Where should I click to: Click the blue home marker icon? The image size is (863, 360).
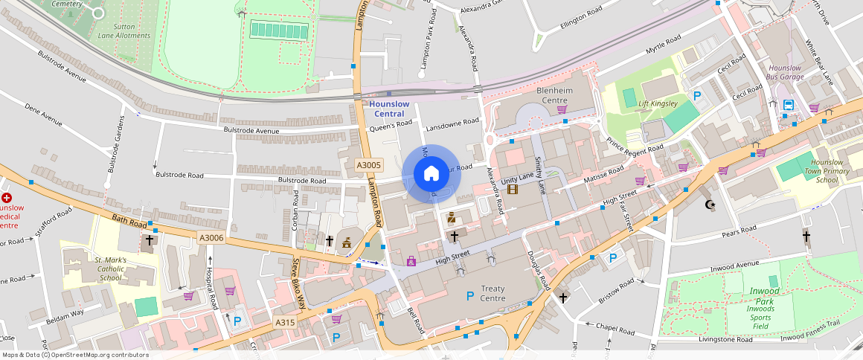click(x=431, y=174)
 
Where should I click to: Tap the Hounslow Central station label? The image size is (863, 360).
click(x=388, y=109)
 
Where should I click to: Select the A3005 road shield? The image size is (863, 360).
click(x=368, y=165)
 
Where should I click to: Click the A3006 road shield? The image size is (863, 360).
click(x=211, y=237)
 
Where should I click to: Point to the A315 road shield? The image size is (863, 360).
click(x=286, y=322)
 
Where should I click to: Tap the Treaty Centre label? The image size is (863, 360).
click(x=493, y=293)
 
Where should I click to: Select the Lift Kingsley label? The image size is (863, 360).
click(x=658, y=103)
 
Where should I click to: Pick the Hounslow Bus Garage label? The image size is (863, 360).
click(x=786, y=72)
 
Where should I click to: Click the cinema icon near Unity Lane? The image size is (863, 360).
click(x=512, y=189)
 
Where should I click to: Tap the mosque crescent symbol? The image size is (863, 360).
click(x=709, y=204)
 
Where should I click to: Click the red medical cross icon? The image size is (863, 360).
click(x=7, y=198)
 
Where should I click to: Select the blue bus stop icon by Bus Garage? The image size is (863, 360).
click(x=788, y=105)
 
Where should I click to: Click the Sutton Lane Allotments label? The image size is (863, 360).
click(x=124, y=30)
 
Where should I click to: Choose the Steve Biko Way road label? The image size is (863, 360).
click(x=298, y=283)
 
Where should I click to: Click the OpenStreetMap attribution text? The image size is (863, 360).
click(x=75, y=355)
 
